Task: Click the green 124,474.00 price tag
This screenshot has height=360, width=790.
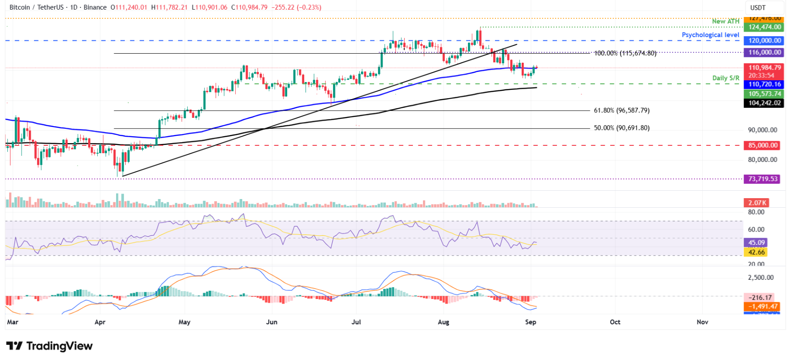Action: coord(764,27)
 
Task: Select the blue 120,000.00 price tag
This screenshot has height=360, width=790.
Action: coord(764,40)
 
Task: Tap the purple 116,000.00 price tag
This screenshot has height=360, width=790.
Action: coord(764,52)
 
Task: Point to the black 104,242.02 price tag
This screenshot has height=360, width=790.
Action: coord(764,103)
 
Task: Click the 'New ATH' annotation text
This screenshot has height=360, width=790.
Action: coord(725,21)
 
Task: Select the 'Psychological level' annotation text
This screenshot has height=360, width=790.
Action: coord(710,35)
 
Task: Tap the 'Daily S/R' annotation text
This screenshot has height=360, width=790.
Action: coord(725,78)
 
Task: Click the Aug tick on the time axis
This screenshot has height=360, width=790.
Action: coord(443,322)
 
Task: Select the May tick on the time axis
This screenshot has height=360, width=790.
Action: coord(184,322)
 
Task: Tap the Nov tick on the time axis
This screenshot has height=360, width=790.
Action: coord(702,322)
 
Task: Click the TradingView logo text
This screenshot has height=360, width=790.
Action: coord(50,346)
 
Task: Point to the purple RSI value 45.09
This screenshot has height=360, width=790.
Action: coord(756,243)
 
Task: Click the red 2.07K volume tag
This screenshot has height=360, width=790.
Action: coord(757,203)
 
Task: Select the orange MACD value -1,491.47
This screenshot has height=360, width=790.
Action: coord(762,306)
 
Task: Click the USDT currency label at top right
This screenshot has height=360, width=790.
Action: coord(758,7)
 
